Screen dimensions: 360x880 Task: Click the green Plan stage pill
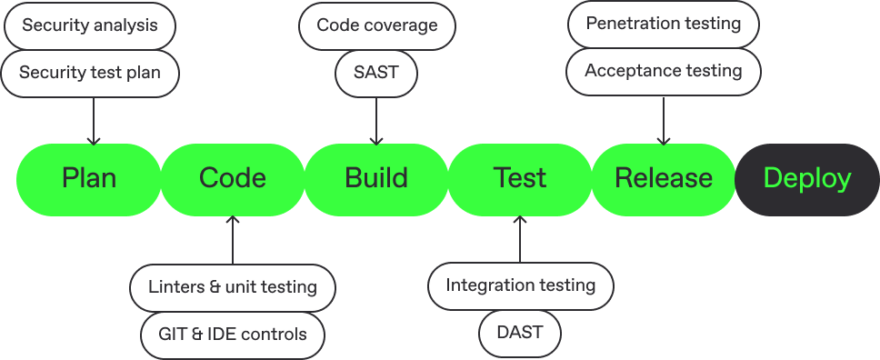[x=89, y=178]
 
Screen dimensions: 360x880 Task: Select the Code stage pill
[x=233, y=178]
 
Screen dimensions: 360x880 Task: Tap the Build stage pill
[x=376, y=178]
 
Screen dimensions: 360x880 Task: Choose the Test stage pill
[x=520, y=178]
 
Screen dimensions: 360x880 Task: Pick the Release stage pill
[x=664, y=178]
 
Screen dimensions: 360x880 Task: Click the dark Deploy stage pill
[x=807, y=178]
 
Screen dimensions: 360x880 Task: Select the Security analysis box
[x=89, y=25]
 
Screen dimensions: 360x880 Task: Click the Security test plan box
[x=89, y=71]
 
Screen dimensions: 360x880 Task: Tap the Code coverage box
[x=376, y=25]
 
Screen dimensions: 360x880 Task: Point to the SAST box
[x=376, y=71]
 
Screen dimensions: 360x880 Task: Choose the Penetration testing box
[x=663, y=23]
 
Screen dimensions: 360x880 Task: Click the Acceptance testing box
[x=663, y=70]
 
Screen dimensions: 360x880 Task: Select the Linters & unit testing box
[x=233, y=287]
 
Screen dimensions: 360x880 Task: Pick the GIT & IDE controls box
[x=233, y=334]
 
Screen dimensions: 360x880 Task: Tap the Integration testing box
[x=520, y=285]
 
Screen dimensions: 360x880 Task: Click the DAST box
[x=520, y=332]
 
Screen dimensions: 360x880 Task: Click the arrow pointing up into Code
[x=233, y=240]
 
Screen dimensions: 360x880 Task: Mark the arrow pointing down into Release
[x=663, y=120]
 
